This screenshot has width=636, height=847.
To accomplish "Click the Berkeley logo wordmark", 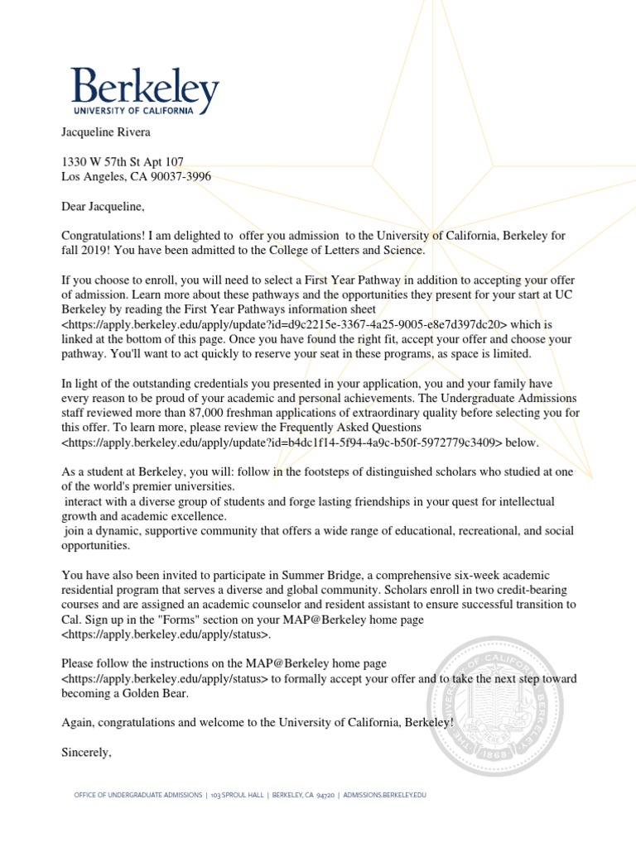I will [x=145, y=86].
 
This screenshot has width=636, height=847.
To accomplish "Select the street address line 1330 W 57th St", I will [x=123, y=161].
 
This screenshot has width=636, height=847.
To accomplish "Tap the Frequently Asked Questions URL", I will [x=282, y=443].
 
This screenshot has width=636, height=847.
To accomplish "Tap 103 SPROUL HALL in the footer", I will [x=237, y=796].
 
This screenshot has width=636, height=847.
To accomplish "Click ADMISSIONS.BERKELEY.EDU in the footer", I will [x=383, y=796].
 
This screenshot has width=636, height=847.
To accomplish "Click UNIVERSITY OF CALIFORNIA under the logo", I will [x=133, y=109].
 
